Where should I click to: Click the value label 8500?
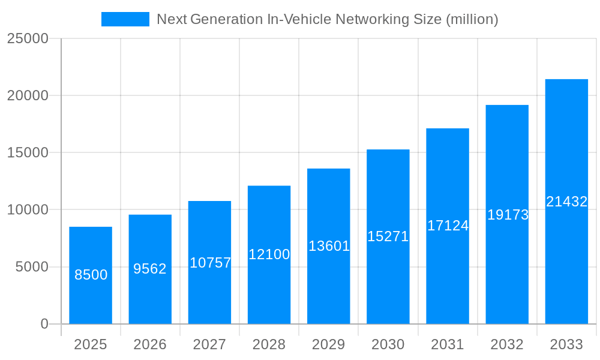[x=91, y=275]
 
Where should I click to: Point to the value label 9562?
[x=150, y=269]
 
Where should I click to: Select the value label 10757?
[x=210, y=263]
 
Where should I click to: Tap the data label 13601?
[x=329, y=246]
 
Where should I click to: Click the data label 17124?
[x=448, y=226]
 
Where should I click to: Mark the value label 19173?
[x=508, y=215]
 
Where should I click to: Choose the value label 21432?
[x=566, y=202]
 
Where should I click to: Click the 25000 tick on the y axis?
[x=27, y=38]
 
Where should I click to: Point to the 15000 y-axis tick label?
[x=27, y=152]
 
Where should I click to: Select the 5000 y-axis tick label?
[x=31, y=267]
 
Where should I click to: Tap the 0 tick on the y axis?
[x=44, y=324]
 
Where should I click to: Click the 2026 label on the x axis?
[x=150, y=344]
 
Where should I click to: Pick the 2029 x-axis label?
[x=329, y=344]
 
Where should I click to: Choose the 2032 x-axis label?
[x=507, y=344]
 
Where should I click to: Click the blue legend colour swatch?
[x=125, y=19]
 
